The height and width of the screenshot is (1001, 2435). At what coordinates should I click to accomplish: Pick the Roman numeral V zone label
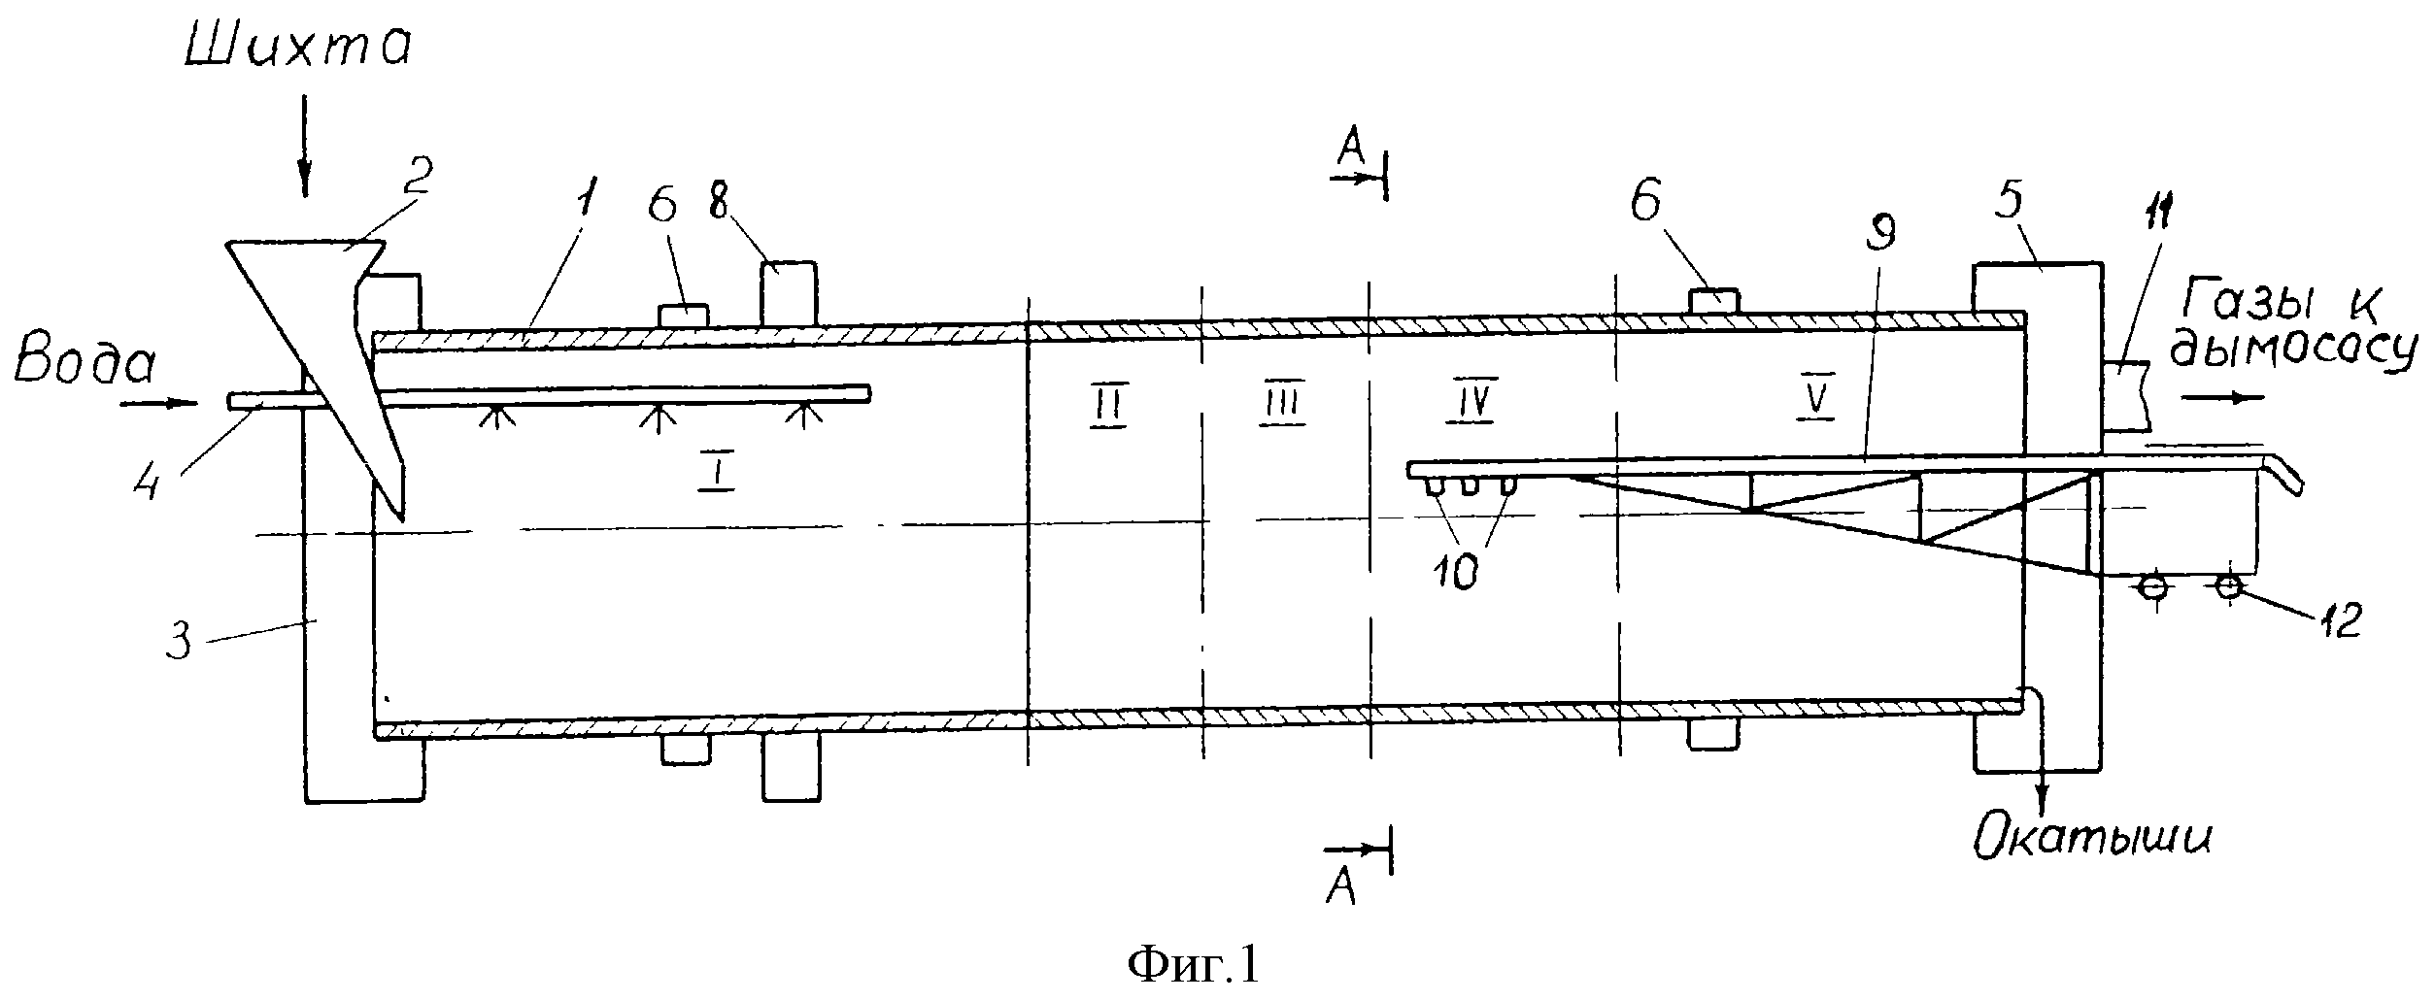pyautogui.click(x=1814, y=402)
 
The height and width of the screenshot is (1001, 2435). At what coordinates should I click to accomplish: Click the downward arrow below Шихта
pyautogui.click(x=305, y=147)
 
